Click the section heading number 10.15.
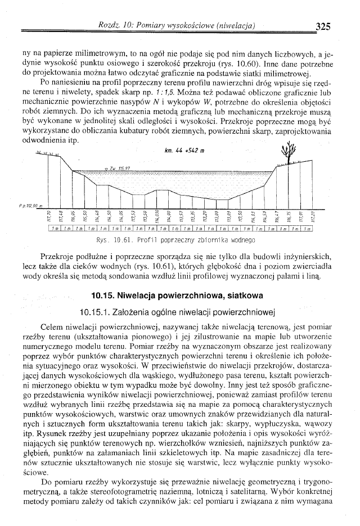click(107, 295)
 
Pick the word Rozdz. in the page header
click(110, 25)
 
